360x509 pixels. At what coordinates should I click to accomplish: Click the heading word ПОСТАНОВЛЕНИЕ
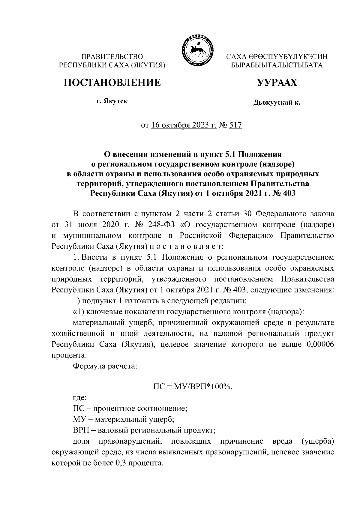coord(112,82)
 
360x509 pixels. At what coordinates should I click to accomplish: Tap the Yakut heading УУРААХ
coord(277,82)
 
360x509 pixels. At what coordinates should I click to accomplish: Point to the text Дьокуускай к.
coord(277,103)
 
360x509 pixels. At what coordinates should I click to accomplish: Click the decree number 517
coord(235,125)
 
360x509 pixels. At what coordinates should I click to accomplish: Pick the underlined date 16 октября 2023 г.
coord(184,125)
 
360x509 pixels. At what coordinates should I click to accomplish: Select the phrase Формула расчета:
coord(105,366)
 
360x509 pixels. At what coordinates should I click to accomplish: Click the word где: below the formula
coord(80,398)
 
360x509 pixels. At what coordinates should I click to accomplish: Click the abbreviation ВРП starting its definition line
coord(81,430)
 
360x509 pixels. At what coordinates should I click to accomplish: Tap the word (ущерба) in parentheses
coord(317,441)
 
